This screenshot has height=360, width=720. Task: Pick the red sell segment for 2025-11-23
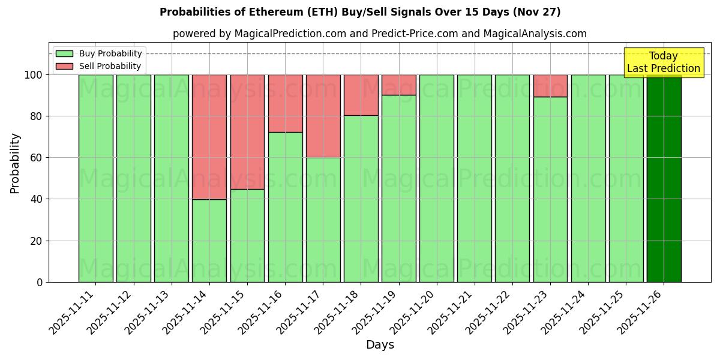click(550, 86)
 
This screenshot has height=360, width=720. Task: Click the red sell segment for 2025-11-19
click(398, 85)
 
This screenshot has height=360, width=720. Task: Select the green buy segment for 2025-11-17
click(323, 220)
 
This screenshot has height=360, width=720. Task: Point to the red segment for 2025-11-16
click(285, 103)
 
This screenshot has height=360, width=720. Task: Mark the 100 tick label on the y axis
click(33, 75)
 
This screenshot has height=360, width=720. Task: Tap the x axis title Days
click(380, 345)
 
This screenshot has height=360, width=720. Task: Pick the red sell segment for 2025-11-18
click(361, 95)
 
